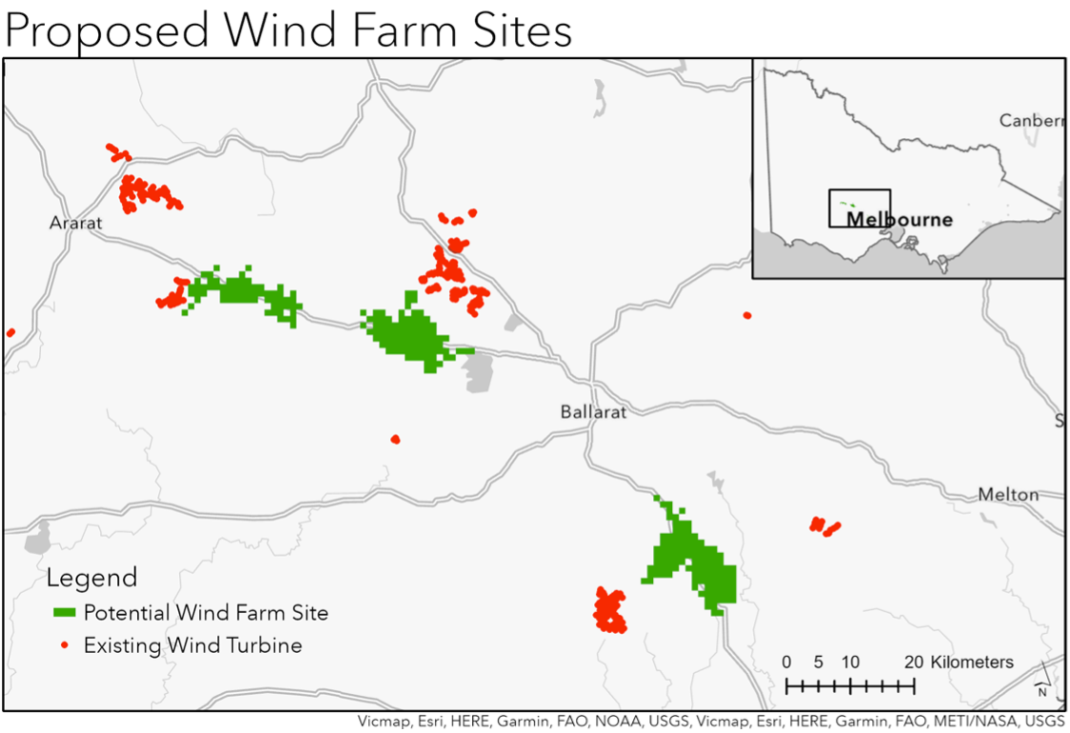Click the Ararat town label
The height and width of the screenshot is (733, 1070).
pyautogui.click(x=75, y=223)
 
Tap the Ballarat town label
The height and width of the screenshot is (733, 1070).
pyautogui.click(x=593, y=412)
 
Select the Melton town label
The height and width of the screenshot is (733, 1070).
pyautogui.click(x=1008, y=495)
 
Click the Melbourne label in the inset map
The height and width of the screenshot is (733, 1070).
pyautogui.click(x=900, y=220)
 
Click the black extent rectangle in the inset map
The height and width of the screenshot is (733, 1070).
pyautogui.click(x=859, y=208)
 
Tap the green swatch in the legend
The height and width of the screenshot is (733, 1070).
pyautogui.click(x=64, y=612)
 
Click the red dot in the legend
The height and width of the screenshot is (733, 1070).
pyautogui.click(x=65, y=645)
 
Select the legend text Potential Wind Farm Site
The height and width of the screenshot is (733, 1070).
pyautogui.click(x=206, y=612)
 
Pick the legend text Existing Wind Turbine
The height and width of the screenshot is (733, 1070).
pyautogui.click(x=192, y=645)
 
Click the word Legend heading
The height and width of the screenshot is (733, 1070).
pyautogui.click(x=91, y=578)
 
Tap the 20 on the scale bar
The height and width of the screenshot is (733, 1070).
pyautogui.click(x=913, y=663)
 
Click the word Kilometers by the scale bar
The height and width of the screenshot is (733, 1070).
pyautogui.click(x=972, y=663)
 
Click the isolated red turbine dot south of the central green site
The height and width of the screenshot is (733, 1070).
pyautogui.click(x=395, y=439)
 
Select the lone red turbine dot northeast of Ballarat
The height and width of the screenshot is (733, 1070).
pyautogui.click(x=747, y=315)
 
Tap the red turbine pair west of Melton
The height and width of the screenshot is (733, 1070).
pyautogui.click(x=824, y=525)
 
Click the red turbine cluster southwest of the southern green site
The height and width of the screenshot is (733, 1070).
pyautogui.click(x=609, y=609)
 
